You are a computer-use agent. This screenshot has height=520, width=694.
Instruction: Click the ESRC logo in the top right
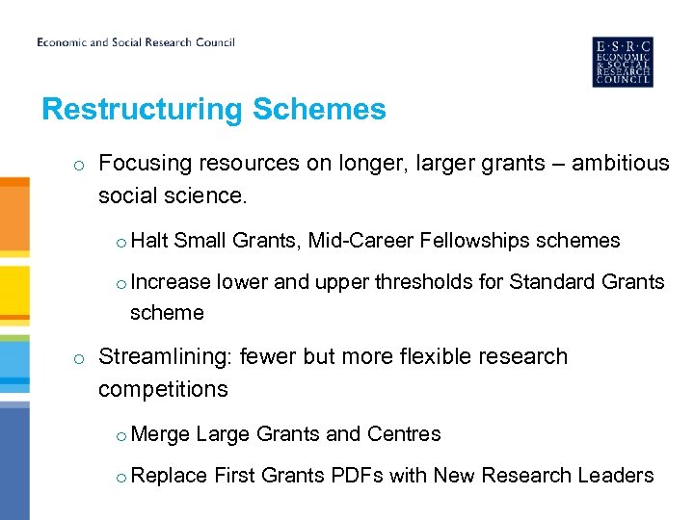(622, 63)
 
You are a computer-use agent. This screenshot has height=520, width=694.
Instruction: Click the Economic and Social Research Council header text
(136, 42)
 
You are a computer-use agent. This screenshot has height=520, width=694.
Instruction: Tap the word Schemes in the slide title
(319, 110)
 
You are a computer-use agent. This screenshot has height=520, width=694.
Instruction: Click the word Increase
(171, 282)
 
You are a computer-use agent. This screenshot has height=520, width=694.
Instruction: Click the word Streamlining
(165, 357)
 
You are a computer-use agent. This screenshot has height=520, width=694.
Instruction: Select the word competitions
(163, 390)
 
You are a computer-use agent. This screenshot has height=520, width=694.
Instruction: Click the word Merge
(160, 434)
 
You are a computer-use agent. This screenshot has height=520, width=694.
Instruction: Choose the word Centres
(404, 434)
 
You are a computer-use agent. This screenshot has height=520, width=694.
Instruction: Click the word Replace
(169, 476)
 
